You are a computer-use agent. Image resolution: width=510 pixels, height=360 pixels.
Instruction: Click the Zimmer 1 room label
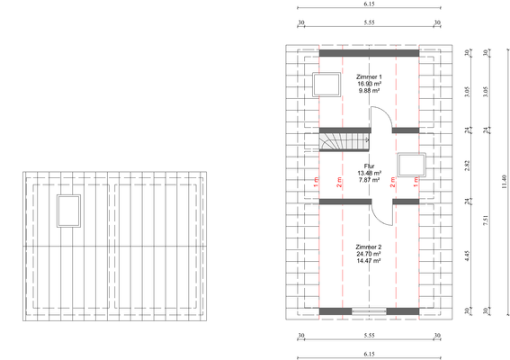click(x=369, y=77)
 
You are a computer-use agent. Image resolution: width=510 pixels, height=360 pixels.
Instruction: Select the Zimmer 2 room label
click(x=369, y=247)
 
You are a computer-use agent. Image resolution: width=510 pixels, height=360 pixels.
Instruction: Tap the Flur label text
click(x=369, y=166)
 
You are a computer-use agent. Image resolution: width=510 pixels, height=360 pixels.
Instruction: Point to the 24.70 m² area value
click(x=369, y=254)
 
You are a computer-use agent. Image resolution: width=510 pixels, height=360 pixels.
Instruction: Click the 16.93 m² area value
click(x=369, y=85)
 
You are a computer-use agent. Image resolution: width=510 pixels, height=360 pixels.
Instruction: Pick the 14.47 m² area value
click(x=369, y=261)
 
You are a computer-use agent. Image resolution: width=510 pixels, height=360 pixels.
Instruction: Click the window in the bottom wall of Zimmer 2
click(x=369, y=311)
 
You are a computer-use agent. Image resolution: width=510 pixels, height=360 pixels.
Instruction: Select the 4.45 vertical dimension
click(x=466, y=255)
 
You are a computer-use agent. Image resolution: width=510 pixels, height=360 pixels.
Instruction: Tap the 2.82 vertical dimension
click(x=466, y=166)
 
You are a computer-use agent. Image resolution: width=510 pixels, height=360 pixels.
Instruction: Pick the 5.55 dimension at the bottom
click(x=369, y=337)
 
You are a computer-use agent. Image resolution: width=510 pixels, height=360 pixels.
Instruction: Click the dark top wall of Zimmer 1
click(x=369, y=53)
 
